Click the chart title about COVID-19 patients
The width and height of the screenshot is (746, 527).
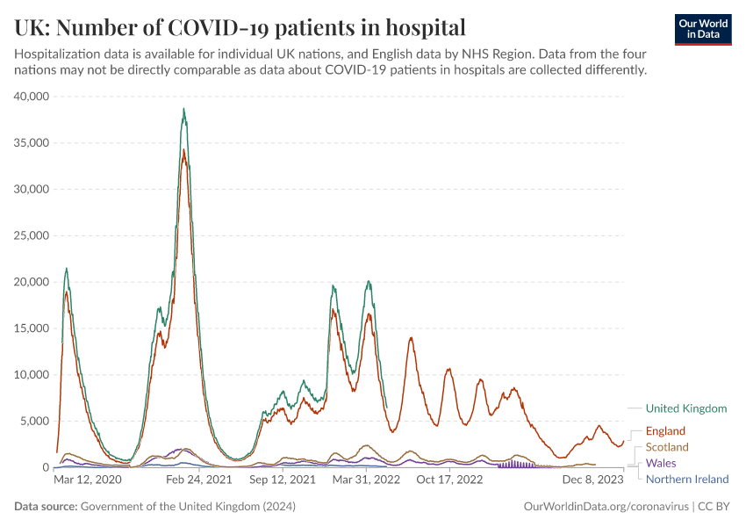(240, 25)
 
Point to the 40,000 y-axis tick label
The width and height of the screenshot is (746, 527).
(32, 96)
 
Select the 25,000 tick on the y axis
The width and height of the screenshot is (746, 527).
(32, 235)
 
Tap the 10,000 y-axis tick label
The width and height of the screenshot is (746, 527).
(32, 375)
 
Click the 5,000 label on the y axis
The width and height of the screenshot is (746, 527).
(36, 422)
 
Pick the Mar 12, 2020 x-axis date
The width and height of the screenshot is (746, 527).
(88, 480)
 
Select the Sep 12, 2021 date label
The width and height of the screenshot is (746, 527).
(283, 480)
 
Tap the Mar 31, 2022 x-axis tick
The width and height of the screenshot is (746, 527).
(367, 480)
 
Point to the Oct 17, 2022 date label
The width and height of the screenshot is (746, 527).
(449, 480)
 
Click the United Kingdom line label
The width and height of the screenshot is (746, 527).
(686, 408)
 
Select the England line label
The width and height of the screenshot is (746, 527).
(665, 431)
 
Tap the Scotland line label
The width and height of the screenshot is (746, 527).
(667, 447)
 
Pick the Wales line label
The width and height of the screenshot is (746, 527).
(661, 463)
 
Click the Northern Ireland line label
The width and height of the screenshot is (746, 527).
(687, 479)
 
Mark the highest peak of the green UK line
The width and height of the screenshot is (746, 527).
(183, 109)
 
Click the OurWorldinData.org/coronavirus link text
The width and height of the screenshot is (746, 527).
(606, 507)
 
